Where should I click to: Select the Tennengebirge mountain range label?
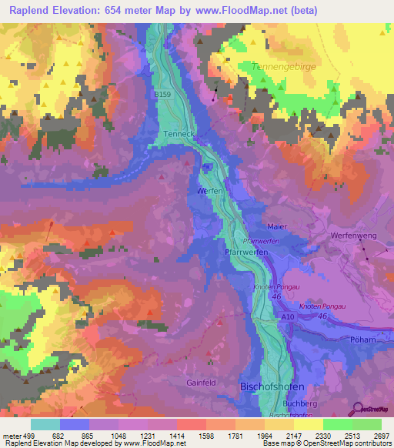tap(295, 67)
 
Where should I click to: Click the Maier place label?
tap(277, 227)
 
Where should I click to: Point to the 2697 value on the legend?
tap(381, 436)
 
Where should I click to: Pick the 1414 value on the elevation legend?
tap(176, 436)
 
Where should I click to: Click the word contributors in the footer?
tap(371, 443)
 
